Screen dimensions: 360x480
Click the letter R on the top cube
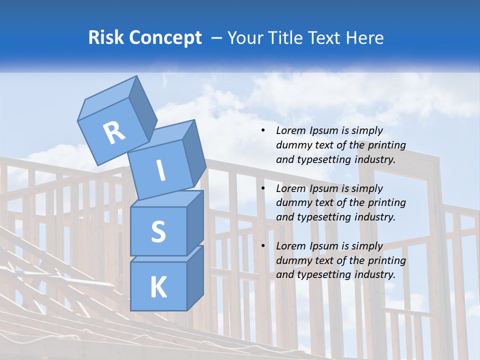[114, 133]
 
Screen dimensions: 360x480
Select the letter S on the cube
[158, 231]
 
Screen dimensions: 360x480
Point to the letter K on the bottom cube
[158, 287]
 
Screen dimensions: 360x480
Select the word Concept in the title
[165, 38]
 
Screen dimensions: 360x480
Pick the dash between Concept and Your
[217, 38]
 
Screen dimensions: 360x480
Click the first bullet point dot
[263, 131]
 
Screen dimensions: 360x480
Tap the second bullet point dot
[263, 188]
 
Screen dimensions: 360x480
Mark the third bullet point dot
[263, 246]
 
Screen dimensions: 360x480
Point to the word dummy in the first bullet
[291, 145]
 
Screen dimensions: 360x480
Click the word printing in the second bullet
[386, 202]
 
